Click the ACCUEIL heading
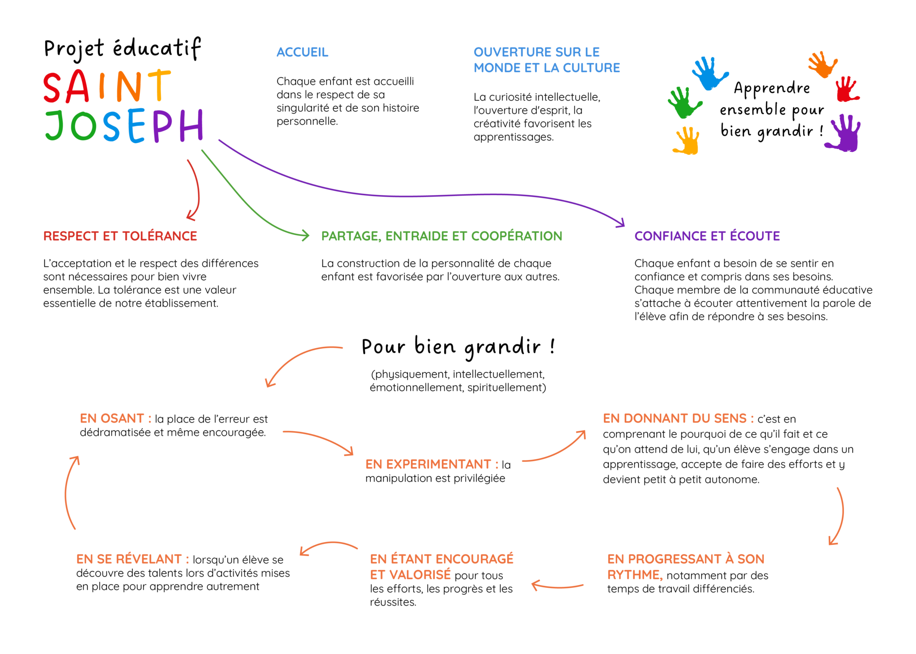[x=302, y=52]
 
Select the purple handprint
[x=844, y=133]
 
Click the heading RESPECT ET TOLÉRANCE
[x=120, y=236]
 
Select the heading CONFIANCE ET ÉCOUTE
[x=707, y=236]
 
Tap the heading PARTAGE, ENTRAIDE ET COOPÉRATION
[x=441, y=236]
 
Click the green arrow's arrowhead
[x=305, y=235]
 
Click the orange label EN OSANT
[x=112, y=419]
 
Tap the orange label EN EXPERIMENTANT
[x=428, y=464]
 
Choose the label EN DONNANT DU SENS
[x=674, y=419]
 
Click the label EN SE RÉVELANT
[x=129, y=559]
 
